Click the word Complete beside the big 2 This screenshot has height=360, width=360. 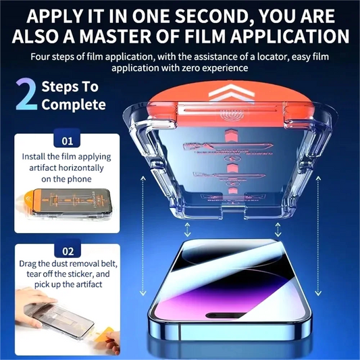pyautogui.click(x=74, y=105)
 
